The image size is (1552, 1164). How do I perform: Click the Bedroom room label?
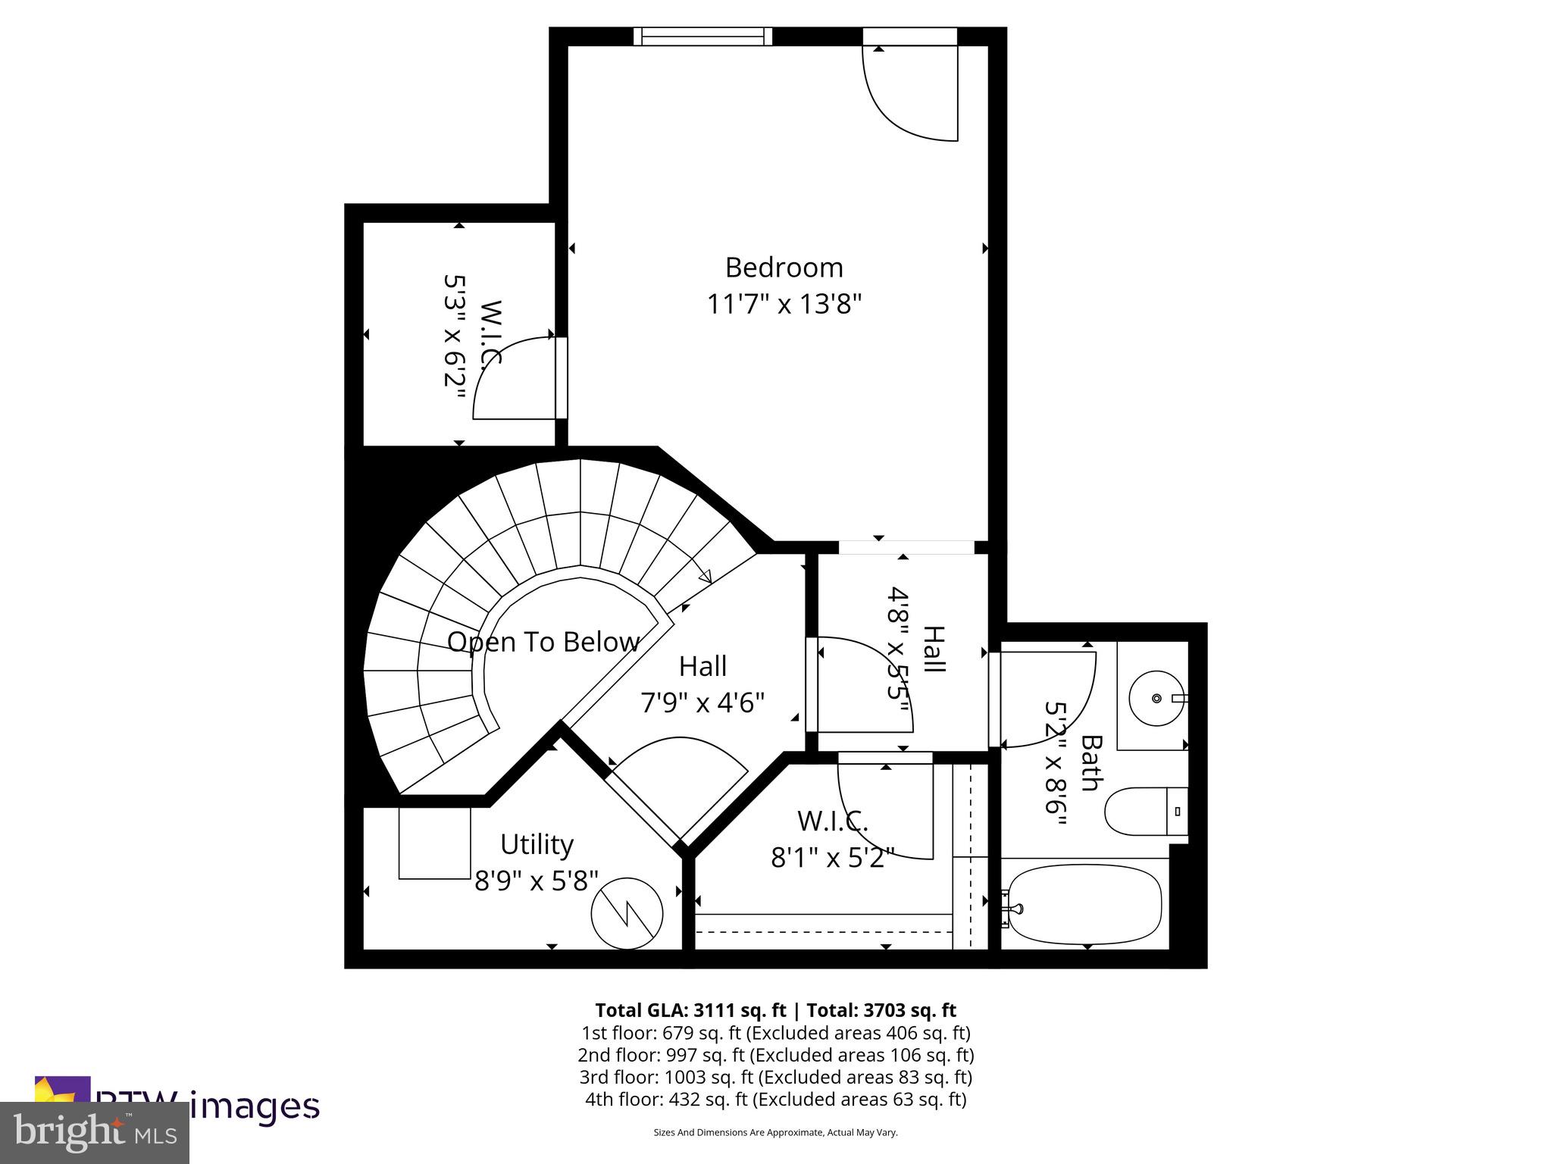[x=784, y=268]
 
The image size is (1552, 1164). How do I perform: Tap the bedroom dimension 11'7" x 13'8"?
[x=784, y=305]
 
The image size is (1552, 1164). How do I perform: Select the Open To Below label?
[x=543, y=642]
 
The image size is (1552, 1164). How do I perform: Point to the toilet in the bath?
[x=1144, y=812]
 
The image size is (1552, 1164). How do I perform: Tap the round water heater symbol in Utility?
[x=627, y=913]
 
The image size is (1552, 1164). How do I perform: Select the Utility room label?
[x=537, y=844]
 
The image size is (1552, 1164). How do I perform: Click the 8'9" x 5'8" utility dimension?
[x=537, y=881]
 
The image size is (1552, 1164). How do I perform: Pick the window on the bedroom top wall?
[x=702, y=36]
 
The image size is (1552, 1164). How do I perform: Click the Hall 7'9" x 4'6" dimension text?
[x=702, y=703]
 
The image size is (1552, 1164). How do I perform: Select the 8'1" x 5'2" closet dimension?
[x=832, y=858]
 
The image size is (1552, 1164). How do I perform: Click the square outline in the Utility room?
[x=434, y=843]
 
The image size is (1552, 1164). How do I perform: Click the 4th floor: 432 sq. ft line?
[x=775, y=1099]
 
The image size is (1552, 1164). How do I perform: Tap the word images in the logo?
[x=254, y=1106]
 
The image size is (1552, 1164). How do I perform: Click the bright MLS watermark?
[x=94, y=1133]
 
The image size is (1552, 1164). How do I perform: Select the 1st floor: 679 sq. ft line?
[x=775, y=1033]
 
